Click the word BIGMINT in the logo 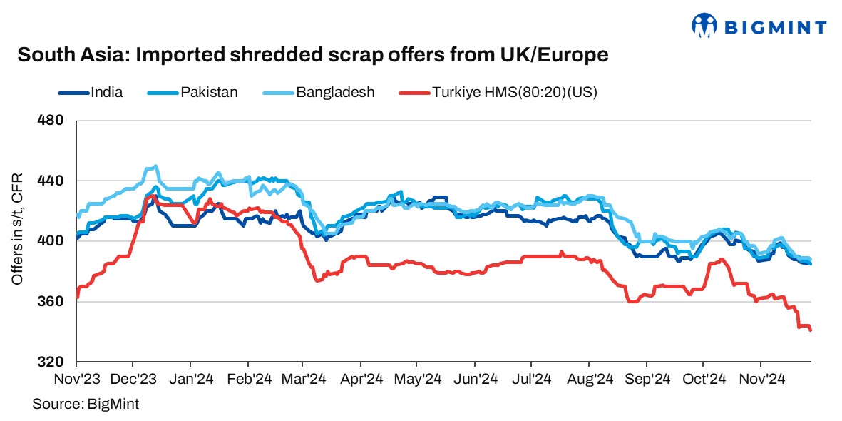point(776,28)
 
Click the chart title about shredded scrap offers point(313,55)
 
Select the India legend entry point(106,92)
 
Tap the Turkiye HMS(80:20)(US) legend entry point(514,92)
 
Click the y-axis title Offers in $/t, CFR point(17,229)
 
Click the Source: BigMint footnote point(85,404)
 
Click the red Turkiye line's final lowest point point(811,330)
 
